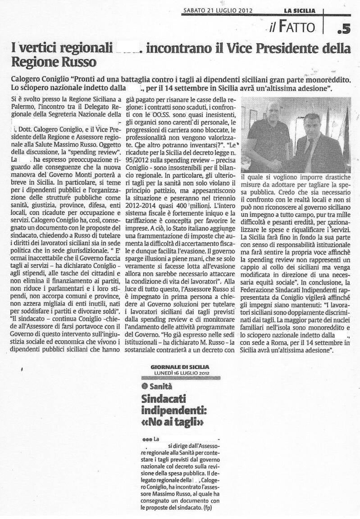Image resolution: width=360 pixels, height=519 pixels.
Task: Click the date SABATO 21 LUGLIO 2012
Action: (x=218, y=10)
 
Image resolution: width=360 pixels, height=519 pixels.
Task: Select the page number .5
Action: (x=343, y=28)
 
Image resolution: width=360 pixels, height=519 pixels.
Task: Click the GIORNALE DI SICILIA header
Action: (x=180, y=367)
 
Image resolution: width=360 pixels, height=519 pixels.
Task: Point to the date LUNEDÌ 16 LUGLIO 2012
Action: (x=180, y=373)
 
